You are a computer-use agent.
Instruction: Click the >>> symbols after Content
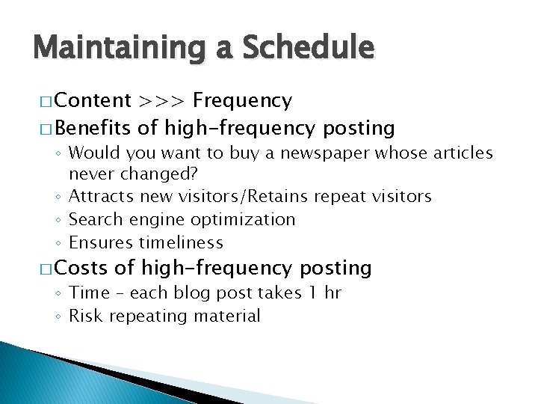[161, 100]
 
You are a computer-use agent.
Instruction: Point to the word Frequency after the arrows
[242, 101]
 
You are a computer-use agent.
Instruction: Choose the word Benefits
[95, 128]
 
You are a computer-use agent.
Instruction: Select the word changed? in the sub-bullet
[170, 175]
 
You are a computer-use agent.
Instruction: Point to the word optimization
[243, 219]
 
